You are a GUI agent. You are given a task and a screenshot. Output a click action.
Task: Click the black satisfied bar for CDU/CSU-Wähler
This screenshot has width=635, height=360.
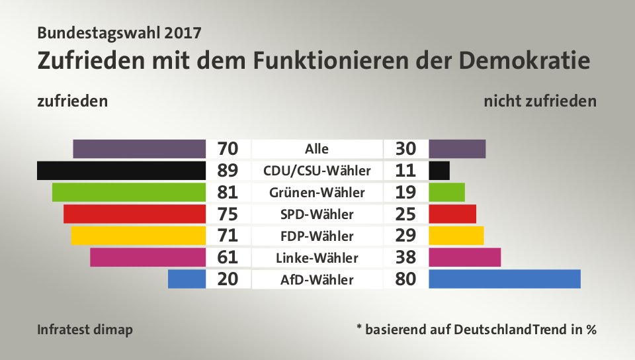click(x=121, y=171)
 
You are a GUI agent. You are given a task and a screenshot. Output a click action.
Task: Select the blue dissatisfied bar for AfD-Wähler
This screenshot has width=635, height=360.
click(x=504, y=279)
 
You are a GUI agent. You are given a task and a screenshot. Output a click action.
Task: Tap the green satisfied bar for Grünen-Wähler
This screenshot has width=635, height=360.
click(x=128, y=193)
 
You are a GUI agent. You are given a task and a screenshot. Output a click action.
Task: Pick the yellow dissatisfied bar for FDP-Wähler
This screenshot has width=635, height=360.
click(x=456, y=236)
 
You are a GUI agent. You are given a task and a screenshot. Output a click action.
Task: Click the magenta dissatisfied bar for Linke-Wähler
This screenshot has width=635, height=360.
click(x=464, y=257)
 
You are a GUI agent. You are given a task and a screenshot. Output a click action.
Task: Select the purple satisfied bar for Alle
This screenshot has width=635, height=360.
click(x=139, y=149)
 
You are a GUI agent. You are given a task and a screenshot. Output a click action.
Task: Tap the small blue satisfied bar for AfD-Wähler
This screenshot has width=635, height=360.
click(x=187, y=279)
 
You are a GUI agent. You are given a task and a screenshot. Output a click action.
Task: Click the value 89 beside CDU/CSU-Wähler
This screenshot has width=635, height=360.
click(x=228, y=171)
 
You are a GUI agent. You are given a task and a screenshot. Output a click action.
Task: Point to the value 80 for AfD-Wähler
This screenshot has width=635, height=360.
click(x=405, y=279)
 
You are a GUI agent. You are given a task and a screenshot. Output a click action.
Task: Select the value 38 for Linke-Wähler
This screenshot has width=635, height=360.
click(x=405, y=257)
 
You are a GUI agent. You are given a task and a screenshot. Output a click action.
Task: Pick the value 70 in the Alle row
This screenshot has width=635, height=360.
click(x=228, y=149)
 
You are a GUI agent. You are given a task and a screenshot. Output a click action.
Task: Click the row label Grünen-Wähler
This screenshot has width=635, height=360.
click(x=317, y=193)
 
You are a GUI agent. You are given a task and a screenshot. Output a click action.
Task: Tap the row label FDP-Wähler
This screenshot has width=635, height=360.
click(x=317, y=236)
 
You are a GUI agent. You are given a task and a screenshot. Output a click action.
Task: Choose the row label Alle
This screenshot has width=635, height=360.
click(x=317, y=149)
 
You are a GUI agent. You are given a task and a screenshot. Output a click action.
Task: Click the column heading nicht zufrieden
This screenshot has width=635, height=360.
click(x=540, y=102)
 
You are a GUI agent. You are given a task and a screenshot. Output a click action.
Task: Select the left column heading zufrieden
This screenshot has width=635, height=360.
click(x=72, y=102)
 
